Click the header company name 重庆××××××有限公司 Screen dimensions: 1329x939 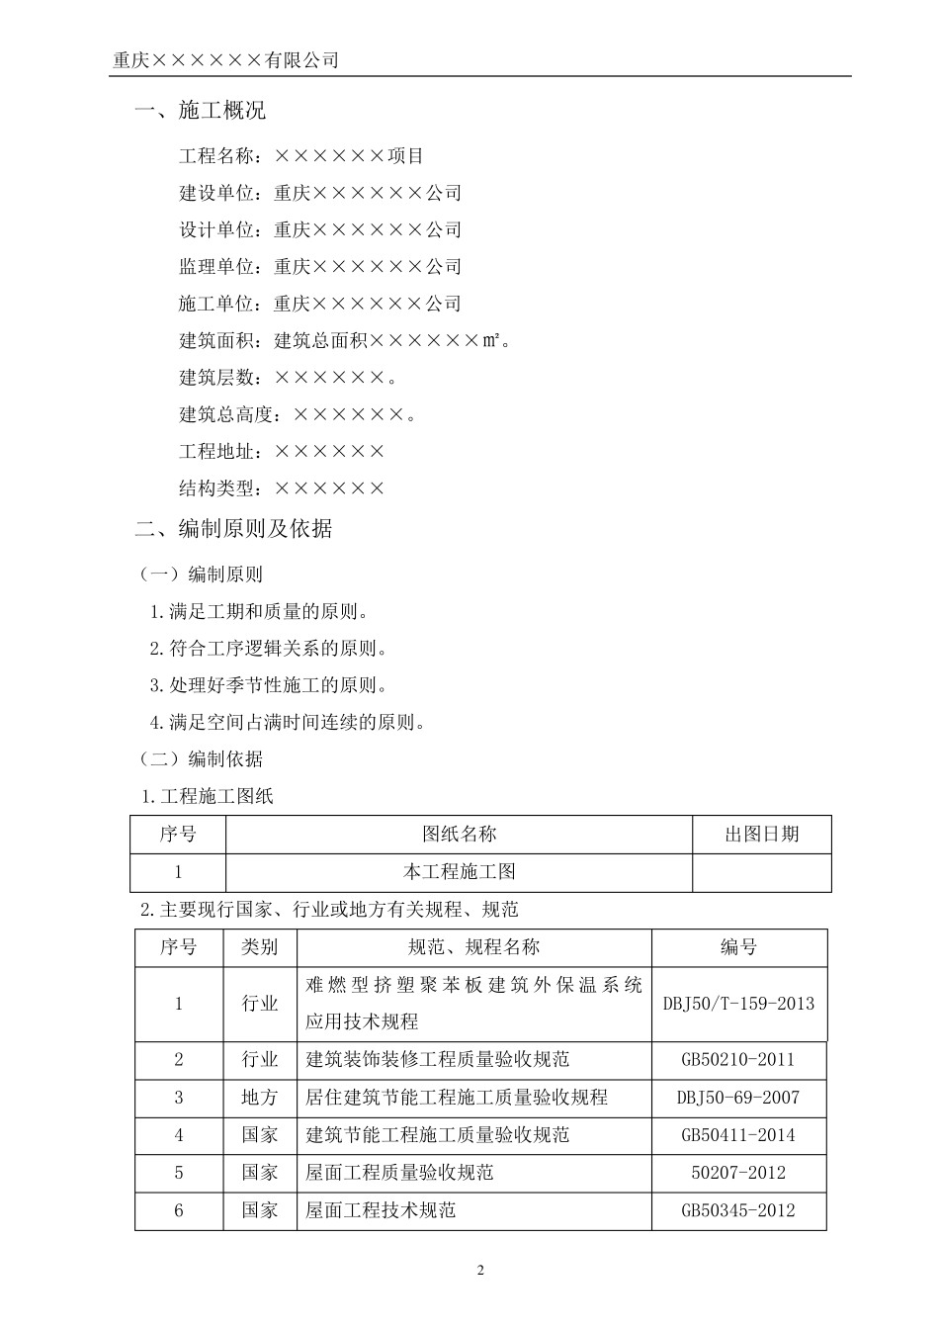225,60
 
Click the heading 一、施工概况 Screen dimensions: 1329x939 200,111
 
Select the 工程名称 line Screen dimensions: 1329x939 301,156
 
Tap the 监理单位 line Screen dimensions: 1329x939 320,267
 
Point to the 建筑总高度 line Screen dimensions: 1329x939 298,414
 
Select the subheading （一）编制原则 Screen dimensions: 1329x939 201,576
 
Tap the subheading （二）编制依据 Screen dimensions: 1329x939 201,759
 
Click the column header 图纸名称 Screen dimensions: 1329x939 459,835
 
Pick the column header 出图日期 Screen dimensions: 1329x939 761,835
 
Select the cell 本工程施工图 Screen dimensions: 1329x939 459,872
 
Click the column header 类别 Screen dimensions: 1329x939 260,947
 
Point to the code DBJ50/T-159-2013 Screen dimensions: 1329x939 738,1004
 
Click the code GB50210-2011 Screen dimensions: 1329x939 738,1060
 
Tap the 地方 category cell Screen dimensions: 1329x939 260,1098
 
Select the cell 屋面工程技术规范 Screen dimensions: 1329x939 381,1210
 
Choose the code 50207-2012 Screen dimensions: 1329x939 738,1173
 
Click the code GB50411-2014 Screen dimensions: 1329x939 738,1135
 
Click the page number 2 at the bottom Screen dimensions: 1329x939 480,1271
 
